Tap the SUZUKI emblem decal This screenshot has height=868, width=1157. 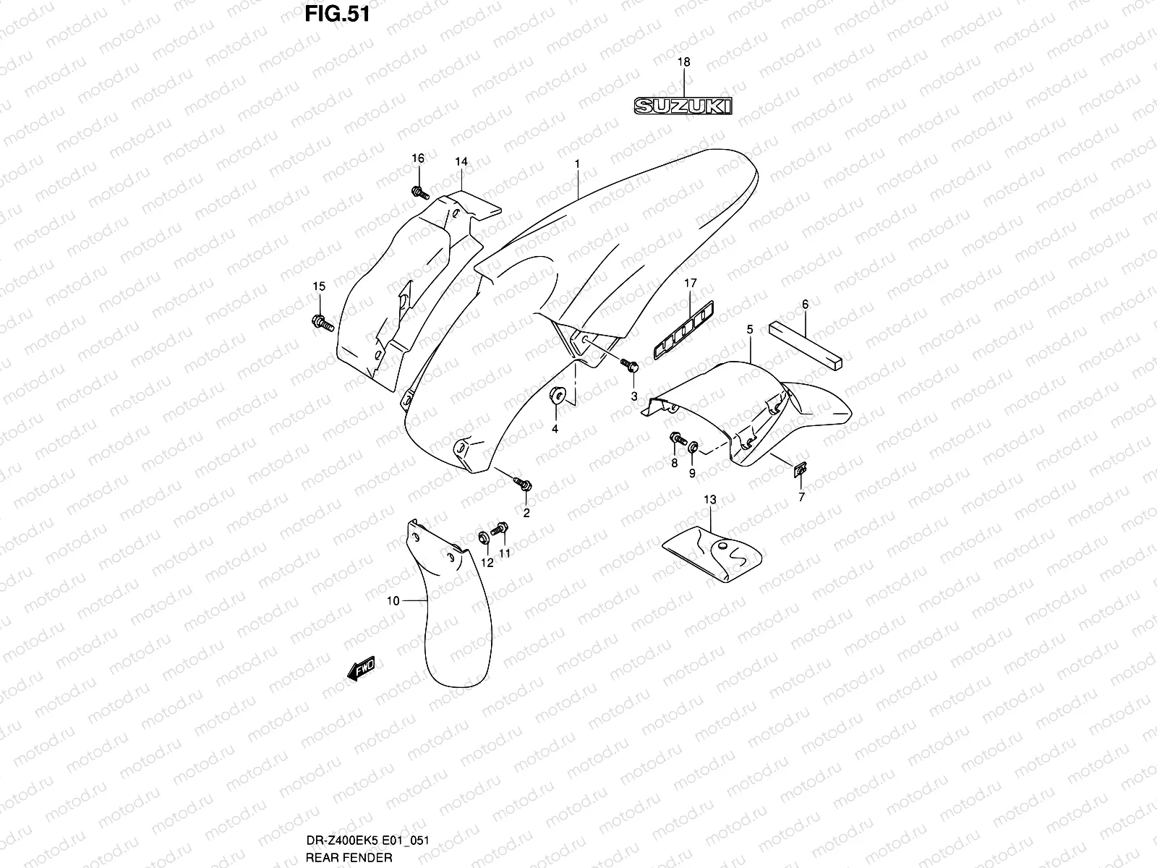click(683, 106)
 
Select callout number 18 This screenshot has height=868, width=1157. click(683, 63)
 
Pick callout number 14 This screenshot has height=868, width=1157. click(461, 162)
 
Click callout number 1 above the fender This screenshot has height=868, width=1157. click(577, 164)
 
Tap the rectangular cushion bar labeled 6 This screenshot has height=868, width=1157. click(806, 342)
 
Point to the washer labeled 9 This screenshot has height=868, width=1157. click(693, 446)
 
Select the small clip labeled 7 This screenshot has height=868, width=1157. click(800, 472)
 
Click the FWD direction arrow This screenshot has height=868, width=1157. click(362, 669)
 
